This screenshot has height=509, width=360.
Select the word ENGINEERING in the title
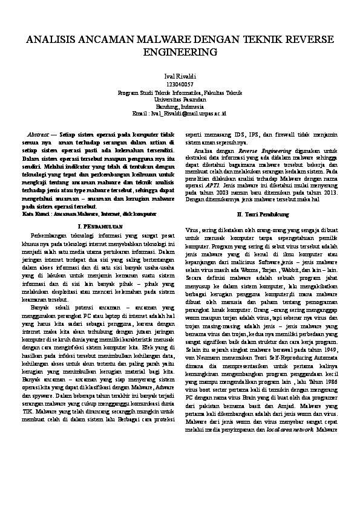(x=180, y=52)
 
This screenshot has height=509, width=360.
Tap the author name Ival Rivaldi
(x=180, y=77)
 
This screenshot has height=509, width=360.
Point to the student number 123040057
(x=180, y=84)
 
